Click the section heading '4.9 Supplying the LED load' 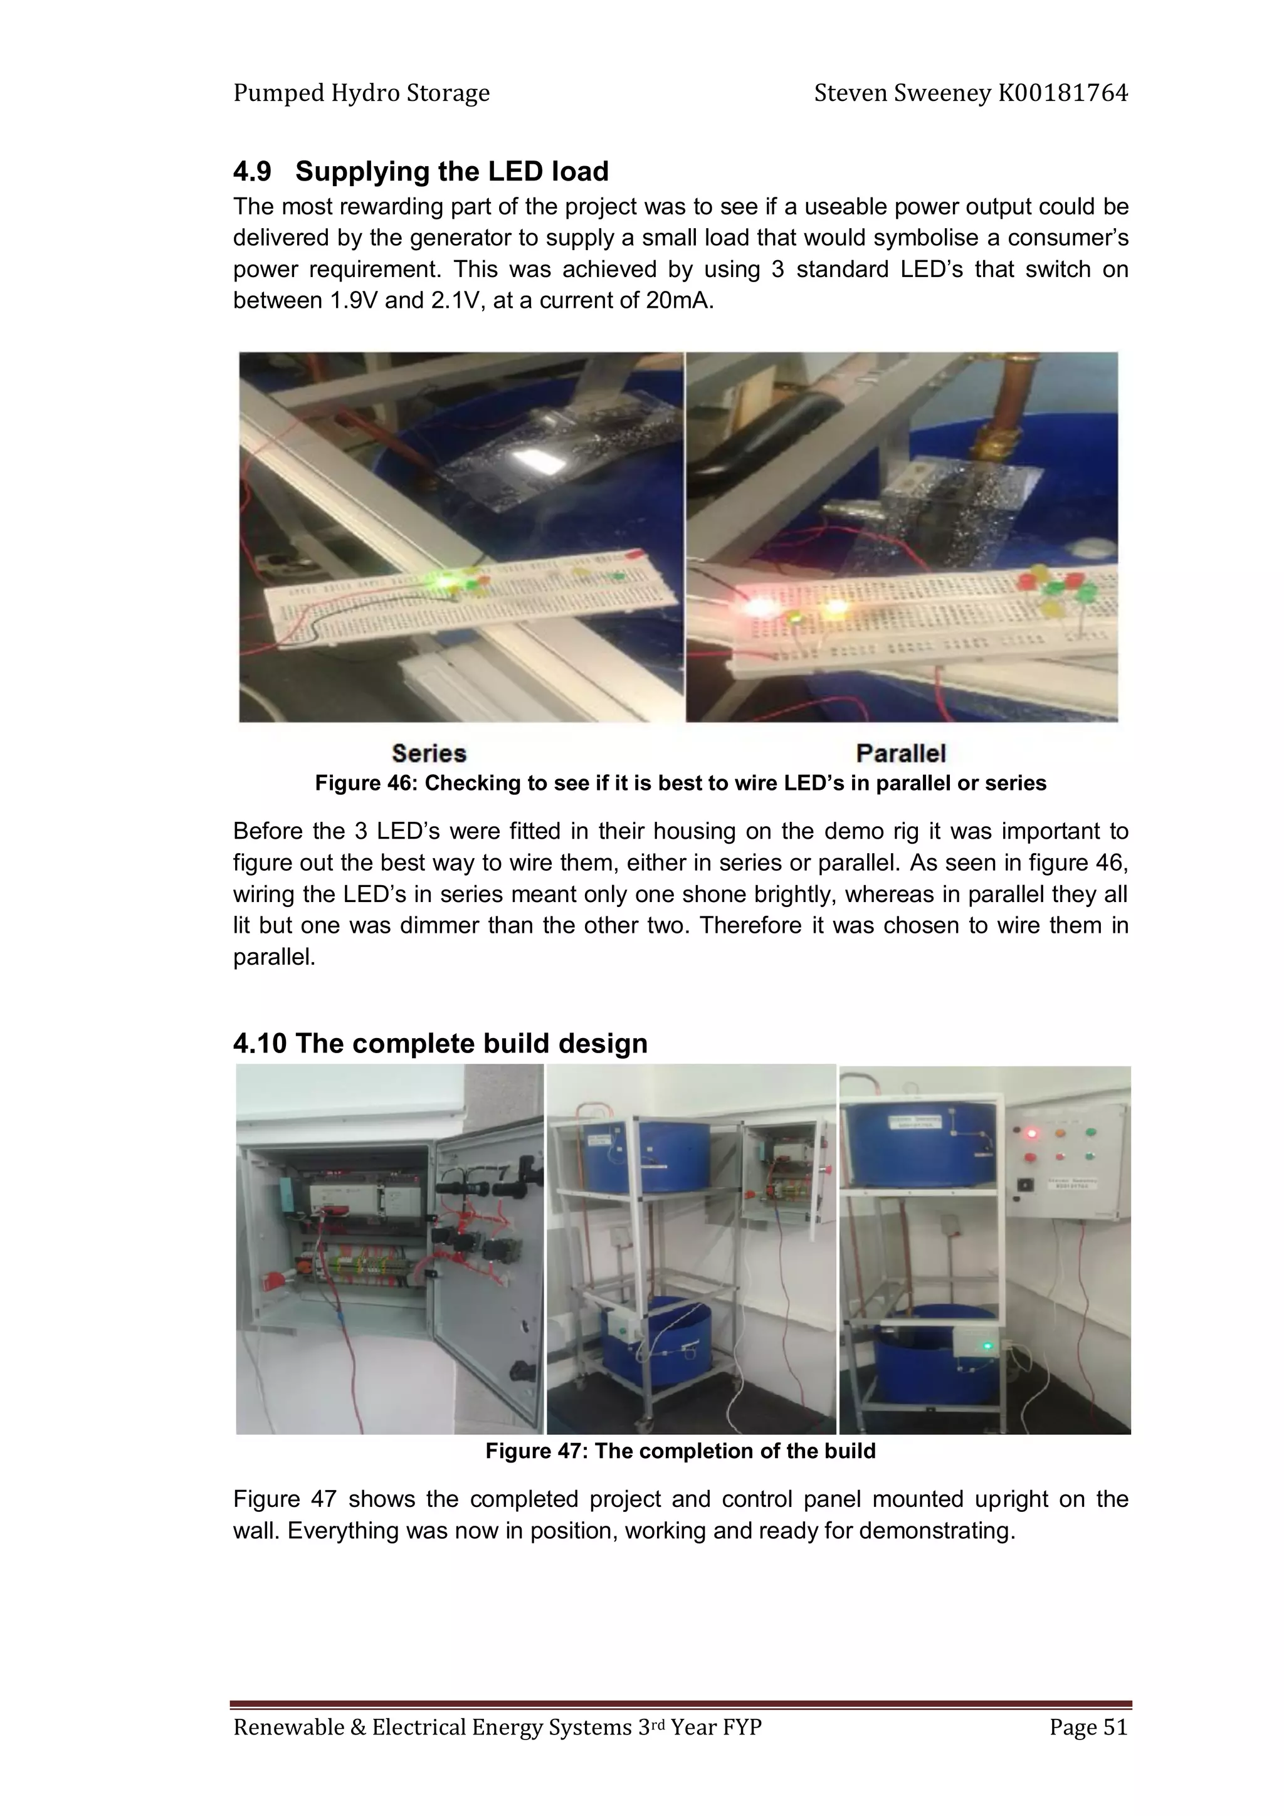(420, 172)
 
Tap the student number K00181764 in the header (1063, 93)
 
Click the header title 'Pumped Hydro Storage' (362, 93)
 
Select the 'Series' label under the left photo (429, 752)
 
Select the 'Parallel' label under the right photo (900, 752)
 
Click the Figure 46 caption (680, 783)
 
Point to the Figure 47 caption (680, 1451)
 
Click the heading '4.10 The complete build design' (440, 1043)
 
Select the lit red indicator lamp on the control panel (1030, 1133)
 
